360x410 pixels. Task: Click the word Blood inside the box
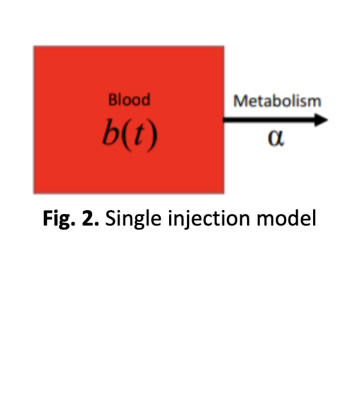[x=129, y=100]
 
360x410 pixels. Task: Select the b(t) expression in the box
[x=130, y=135]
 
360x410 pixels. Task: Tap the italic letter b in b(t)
[x=111, y=132]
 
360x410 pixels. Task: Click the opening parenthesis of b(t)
[x=127, y=135]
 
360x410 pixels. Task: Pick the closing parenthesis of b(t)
[x=152, y=135]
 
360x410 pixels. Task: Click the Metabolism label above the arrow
[x=277, y=101]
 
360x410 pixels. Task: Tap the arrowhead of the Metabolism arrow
[x=321, y=120]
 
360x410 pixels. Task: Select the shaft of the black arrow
[x=269, y=120]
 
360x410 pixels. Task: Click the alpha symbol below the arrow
[x=276, y=138]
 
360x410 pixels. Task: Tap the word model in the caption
[x=287, y=218]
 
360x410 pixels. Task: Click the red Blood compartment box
[x=129, y=120]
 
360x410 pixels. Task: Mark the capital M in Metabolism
[x=240, y=101]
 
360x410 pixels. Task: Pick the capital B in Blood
[x=113, y=100]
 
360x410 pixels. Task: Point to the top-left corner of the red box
[x=33, y=46]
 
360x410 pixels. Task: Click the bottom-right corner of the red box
[x=224, y=193]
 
